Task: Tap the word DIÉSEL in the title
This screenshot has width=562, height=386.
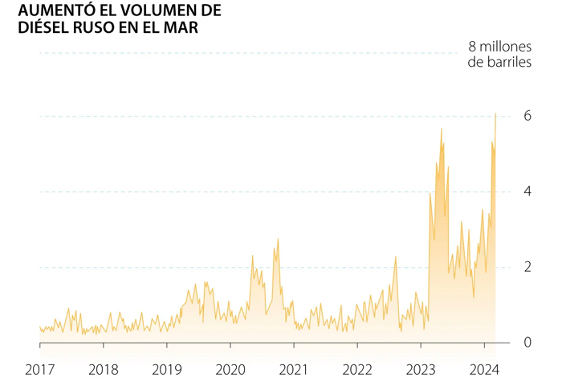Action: pyautogui.click(x=35, y=28)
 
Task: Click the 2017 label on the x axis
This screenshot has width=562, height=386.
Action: pyautogui.click(x=39, y=371)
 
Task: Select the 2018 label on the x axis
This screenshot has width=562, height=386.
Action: pyautogui.click(x=103, y=371)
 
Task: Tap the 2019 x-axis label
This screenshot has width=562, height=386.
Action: pyautogui.click(x=166, y=371)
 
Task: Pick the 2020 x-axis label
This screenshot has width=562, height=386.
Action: pyautogui.click(x=230, y=371)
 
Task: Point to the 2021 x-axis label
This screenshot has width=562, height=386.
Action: pyautogui.click(x=294, y=371)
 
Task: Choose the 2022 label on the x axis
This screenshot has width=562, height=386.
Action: pyautogui.click(x=357, y=371)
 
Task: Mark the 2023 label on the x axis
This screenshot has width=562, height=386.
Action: pyautogui.click(x=421, y=371)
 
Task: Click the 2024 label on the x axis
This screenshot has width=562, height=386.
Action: pyautogui.click(x=484, y=371)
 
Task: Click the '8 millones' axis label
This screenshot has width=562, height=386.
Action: pyautogui.click(x=499, y=46)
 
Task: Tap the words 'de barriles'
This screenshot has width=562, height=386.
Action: pyautogui.click(x=499, y=63)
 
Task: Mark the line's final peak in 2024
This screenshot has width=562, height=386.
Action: pyautogui.click(x=495, y=114)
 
